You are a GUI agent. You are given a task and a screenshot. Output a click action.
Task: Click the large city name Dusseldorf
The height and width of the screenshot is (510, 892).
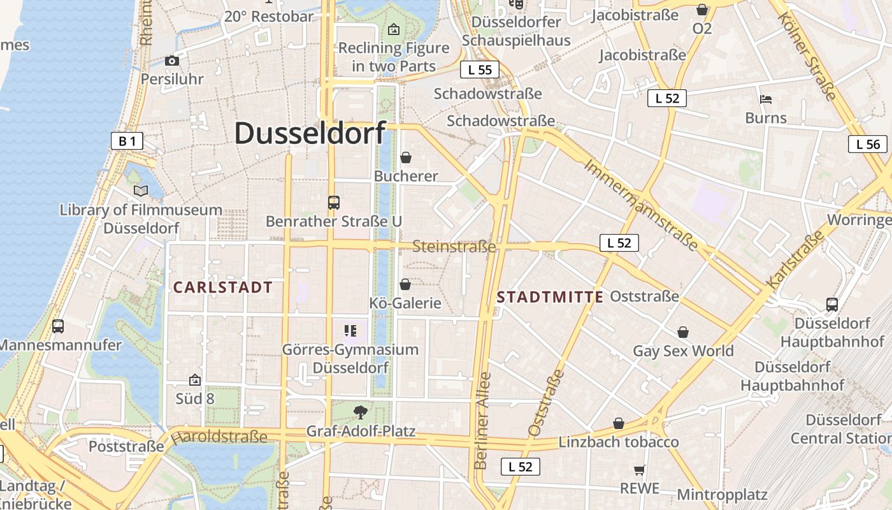click(310, 133)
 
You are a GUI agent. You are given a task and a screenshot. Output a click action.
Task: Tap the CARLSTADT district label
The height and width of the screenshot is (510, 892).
click(223, 288)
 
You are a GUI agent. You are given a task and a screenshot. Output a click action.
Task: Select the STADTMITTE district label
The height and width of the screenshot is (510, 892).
click(550, 297)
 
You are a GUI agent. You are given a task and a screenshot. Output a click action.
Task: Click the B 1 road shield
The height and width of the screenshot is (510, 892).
click(127, 141)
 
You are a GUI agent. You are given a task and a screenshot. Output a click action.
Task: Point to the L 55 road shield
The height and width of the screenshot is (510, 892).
click(480, 69)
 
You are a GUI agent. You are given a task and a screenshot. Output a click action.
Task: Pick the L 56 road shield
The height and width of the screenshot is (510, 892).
click(868, 144)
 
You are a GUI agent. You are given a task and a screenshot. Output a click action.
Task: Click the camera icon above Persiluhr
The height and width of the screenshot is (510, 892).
click(172, 61)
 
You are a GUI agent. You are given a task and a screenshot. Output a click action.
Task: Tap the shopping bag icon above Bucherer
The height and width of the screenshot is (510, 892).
click(406, 157)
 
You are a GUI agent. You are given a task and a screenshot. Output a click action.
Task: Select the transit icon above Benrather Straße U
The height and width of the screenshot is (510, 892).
click(334, 203)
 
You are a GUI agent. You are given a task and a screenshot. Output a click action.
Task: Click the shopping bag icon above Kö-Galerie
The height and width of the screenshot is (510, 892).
click(405, 284)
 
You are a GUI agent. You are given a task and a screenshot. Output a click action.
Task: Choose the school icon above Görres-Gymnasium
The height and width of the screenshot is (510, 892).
click(350, 330)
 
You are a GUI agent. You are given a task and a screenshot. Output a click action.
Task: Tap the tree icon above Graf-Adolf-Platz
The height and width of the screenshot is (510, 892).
click(361, 411)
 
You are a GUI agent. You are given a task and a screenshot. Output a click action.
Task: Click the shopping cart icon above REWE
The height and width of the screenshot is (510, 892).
click(640, 470)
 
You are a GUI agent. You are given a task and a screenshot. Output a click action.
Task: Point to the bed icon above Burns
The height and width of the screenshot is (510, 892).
click(766, 99)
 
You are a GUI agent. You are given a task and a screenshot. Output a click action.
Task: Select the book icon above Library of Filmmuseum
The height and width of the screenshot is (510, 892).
click(141, 191)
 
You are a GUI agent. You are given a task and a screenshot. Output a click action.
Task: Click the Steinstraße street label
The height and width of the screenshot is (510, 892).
click(454, 246)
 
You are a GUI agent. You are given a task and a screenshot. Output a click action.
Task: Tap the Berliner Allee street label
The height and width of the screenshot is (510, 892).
click(482, 420)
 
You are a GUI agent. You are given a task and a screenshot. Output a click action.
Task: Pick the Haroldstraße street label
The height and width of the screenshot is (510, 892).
click(219, 437)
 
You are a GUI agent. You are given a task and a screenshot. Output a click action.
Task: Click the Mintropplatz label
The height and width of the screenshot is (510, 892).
click(722, 494)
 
